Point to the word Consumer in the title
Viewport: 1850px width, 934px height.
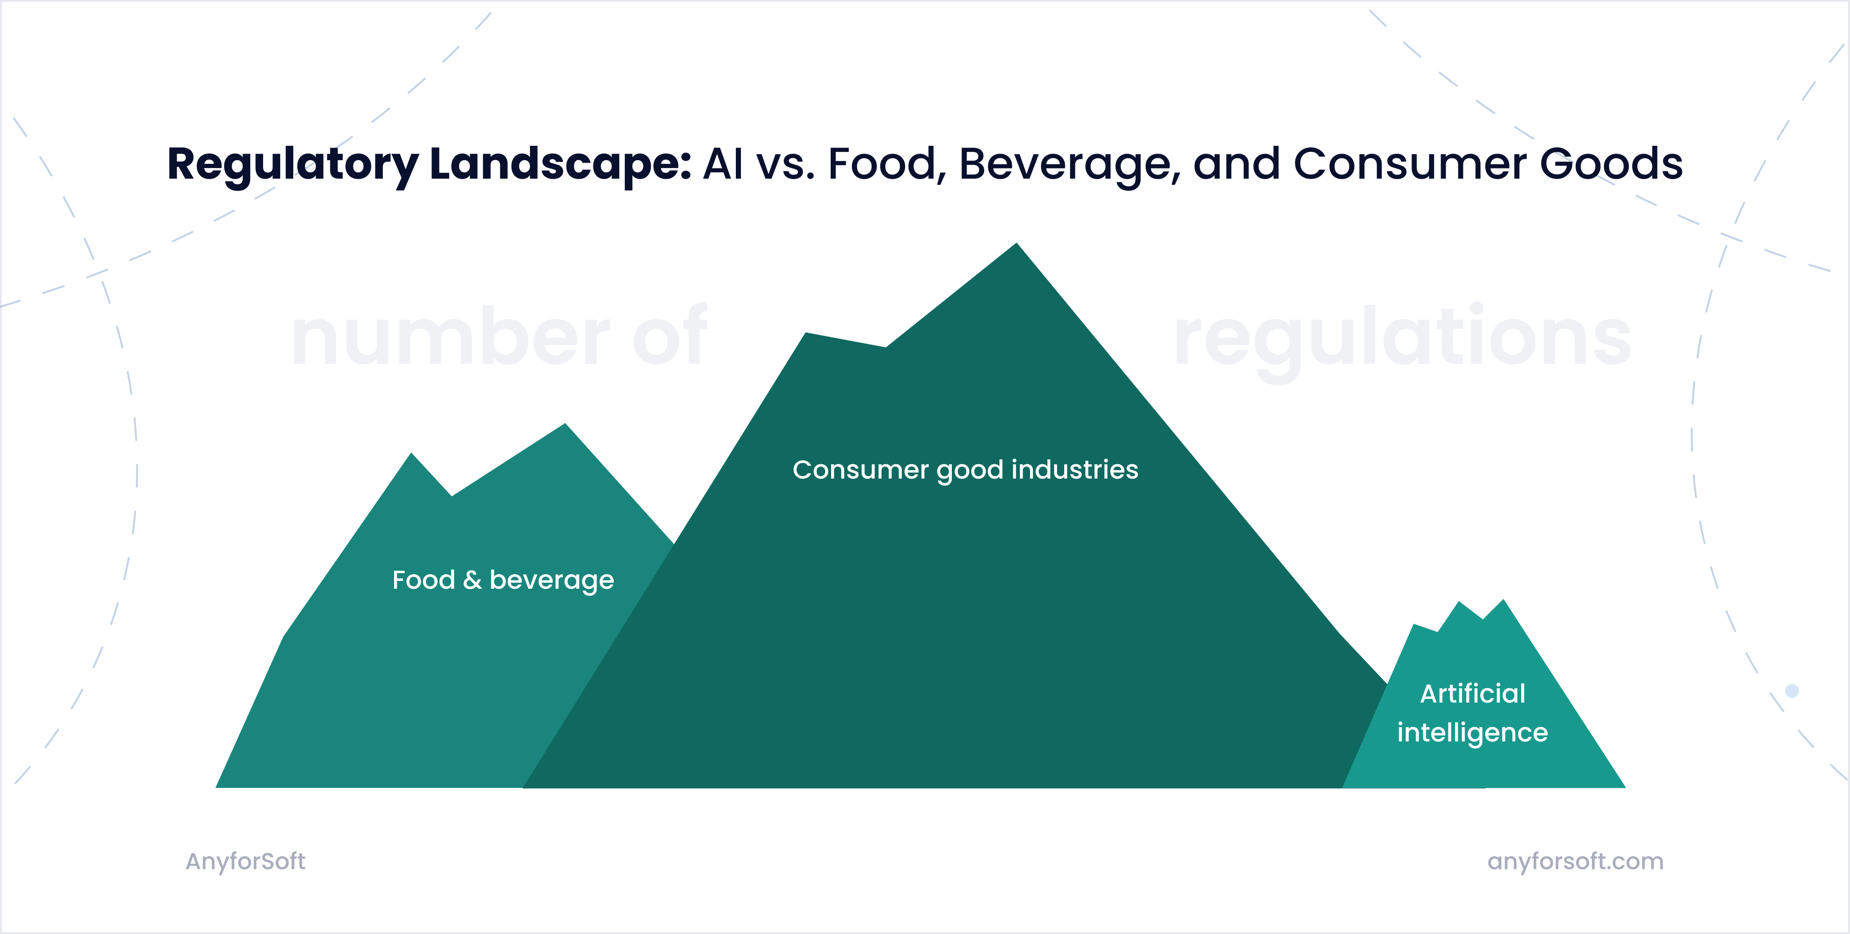(x=1409, y=164)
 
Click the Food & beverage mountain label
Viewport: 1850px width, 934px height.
(x=503, y=580)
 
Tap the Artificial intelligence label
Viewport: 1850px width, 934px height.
(x=1472, y=713)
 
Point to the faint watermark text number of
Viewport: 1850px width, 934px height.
(x=499, y=336)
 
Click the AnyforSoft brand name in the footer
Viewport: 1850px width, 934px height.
(x=246, y=861)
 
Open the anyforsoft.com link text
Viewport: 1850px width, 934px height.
(x=1575, y=861)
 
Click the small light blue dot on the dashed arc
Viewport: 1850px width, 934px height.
(x=1792, y=691)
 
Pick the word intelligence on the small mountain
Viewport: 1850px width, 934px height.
(x=1472, y=733)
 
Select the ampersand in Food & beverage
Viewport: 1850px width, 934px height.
(x=472, y=580)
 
